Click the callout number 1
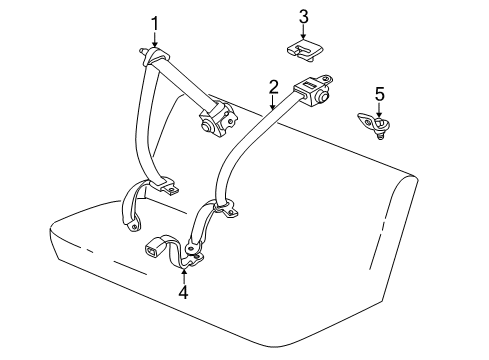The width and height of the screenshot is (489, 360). (154, 22)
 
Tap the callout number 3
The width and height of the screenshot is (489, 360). (303, 17)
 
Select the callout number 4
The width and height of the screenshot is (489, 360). (183, 292)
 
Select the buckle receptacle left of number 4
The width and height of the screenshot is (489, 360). (157, 247)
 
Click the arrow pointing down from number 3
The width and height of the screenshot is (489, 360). (303, 33)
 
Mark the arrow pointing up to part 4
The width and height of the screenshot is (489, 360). (183, 275)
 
